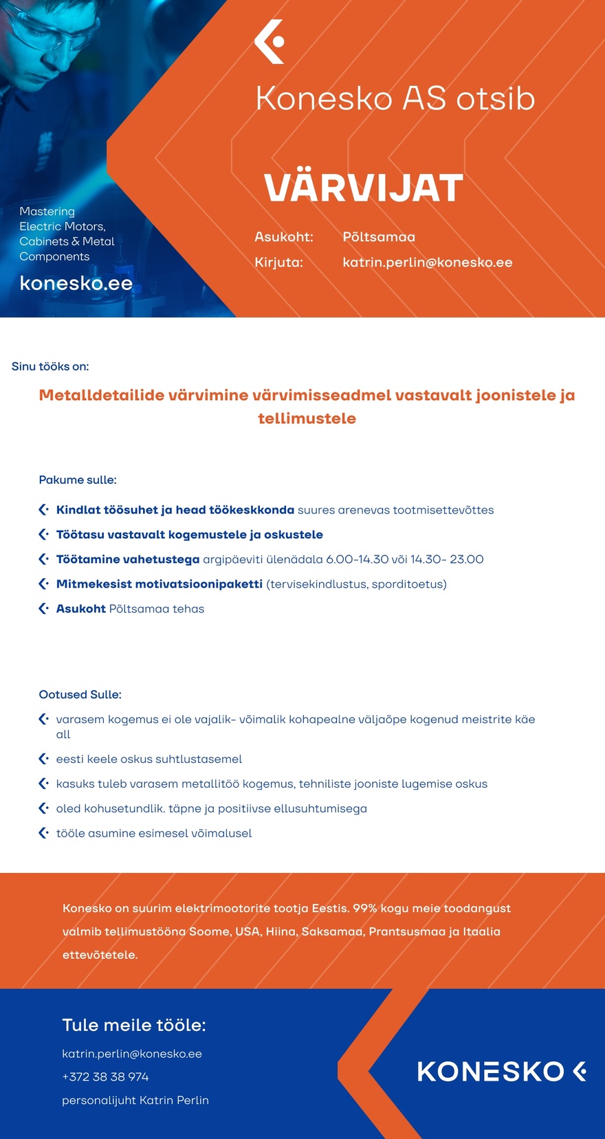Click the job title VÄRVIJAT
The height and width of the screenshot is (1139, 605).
click(363, 188)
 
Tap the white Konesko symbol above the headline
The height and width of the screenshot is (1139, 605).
click(269, 42)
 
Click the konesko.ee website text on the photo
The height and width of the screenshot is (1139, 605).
click(76, 283)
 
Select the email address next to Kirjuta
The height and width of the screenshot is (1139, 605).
click(427, 263)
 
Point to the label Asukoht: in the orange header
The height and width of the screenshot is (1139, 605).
click(284, 237)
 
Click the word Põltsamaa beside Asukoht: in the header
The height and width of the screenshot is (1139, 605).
click(379, 237)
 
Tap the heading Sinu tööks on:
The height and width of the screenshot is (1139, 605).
click(50, 366)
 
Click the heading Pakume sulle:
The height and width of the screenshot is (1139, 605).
click(78, 480)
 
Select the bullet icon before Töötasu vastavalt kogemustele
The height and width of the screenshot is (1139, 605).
click(43, 534)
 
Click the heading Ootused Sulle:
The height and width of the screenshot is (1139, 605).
click(80, 694)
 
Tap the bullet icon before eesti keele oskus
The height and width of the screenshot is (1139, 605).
click(43, 759)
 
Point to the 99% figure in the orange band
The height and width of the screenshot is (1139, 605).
click(365, 908)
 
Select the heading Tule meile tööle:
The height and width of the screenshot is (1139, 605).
click(134, 1025)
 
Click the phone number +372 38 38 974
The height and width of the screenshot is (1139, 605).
click(105, 1076)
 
